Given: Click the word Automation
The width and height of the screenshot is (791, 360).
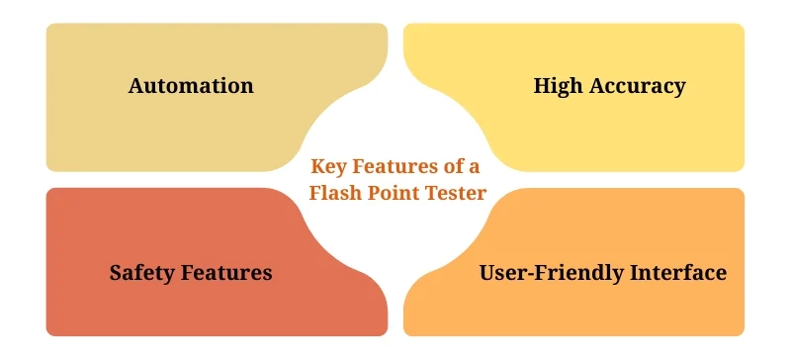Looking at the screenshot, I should [191, 86].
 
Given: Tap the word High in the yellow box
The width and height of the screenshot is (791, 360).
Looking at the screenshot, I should [559, 86].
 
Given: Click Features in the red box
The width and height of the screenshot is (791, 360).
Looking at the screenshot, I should [227, 272].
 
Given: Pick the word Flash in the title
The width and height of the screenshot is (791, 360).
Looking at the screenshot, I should [336, 193].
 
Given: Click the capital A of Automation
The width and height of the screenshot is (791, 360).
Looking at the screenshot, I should [136, 86].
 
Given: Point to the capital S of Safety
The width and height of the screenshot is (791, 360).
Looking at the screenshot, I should [116, 272].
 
